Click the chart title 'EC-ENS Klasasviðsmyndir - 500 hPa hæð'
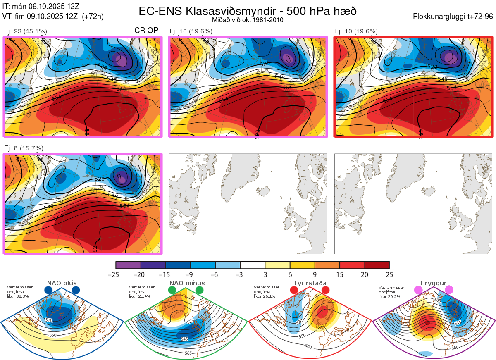click(x=248, y=11)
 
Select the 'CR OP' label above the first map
click(x=146, y=31)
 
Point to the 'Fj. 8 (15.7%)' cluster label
click(x=24, y=148)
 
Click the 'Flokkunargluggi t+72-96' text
click(x=453, y=17)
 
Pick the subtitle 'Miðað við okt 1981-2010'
click(x=248, y=20)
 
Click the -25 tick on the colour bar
click(x=116, y=274)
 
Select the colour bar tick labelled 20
click(x=365, y=274)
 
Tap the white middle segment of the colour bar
click(x=253, y=265)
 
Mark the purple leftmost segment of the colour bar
click(x=128, y=265)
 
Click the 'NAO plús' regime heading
click(x=62, y=283)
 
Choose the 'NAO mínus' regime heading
click(x=187, y=283)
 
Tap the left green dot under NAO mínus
click(x=172, y=290)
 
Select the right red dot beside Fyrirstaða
click(x=325, y=290)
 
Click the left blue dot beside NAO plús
click(x=48, y=290)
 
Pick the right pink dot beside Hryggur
click(x=449, y=290)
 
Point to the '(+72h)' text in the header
click(x=93, y=17)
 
